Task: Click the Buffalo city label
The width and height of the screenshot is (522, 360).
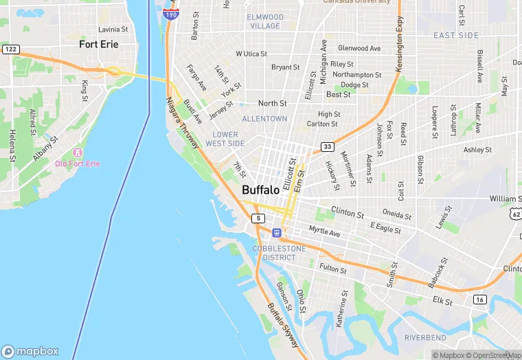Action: click(260, 190)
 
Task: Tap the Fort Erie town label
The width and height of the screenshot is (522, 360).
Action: click(98, 44)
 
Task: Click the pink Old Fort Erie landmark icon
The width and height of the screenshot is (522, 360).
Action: click(78, 152)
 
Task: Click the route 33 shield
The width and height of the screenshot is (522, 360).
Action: click(328, 147)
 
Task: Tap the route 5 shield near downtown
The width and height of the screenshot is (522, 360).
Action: click(258, 218)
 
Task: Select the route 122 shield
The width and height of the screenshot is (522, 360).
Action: click(10, 49)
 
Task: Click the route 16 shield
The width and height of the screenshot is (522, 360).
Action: click(479, 300)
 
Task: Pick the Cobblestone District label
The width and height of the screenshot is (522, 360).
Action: click(273, 253)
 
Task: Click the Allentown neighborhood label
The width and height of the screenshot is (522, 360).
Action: click(264, 119)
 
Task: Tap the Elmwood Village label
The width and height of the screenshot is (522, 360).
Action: click(265, 21)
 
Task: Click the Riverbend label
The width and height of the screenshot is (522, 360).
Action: click(424, 337)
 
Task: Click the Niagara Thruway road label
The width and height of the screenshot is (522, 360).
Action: click(182, 122)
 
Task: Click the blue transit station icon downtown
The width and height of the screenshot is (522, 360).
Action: click(276, 234)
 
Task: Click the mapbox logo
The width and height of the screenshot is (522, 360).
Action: click(30, 351)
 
